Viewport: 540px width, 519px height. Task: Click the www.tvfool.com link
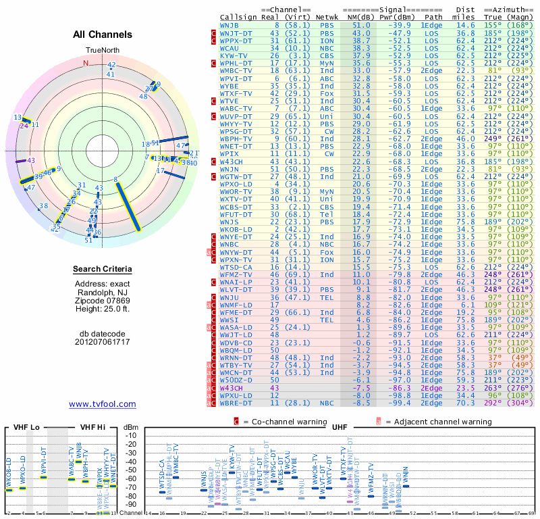pos(103,404)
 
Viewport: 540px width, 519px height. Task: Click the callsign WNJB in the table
pos(228,25)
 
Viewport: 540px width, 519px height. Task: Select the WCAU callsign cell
pos(229,49)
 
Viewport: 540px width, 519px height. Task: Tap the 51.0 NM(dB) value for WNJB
pos(361,25)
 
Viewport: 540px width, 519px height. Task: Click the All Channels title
pos(103,34)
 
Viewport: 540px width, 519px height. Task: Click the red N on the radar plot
pos(86,63)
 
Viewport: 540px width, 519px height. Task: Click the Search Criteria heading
pos(103,270)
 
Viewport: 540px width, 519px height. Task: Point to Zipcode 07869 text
pos(103,300)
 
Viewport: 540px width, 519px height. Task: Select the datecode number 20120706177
pos(103,341)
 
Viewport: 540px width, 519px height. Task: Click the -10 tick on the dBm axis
pos(131,436)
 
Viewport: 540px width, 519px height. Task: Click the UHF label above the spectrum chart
pos(341,427)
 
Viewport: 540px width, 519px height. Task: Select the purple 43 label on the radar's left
pos(30,160)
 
